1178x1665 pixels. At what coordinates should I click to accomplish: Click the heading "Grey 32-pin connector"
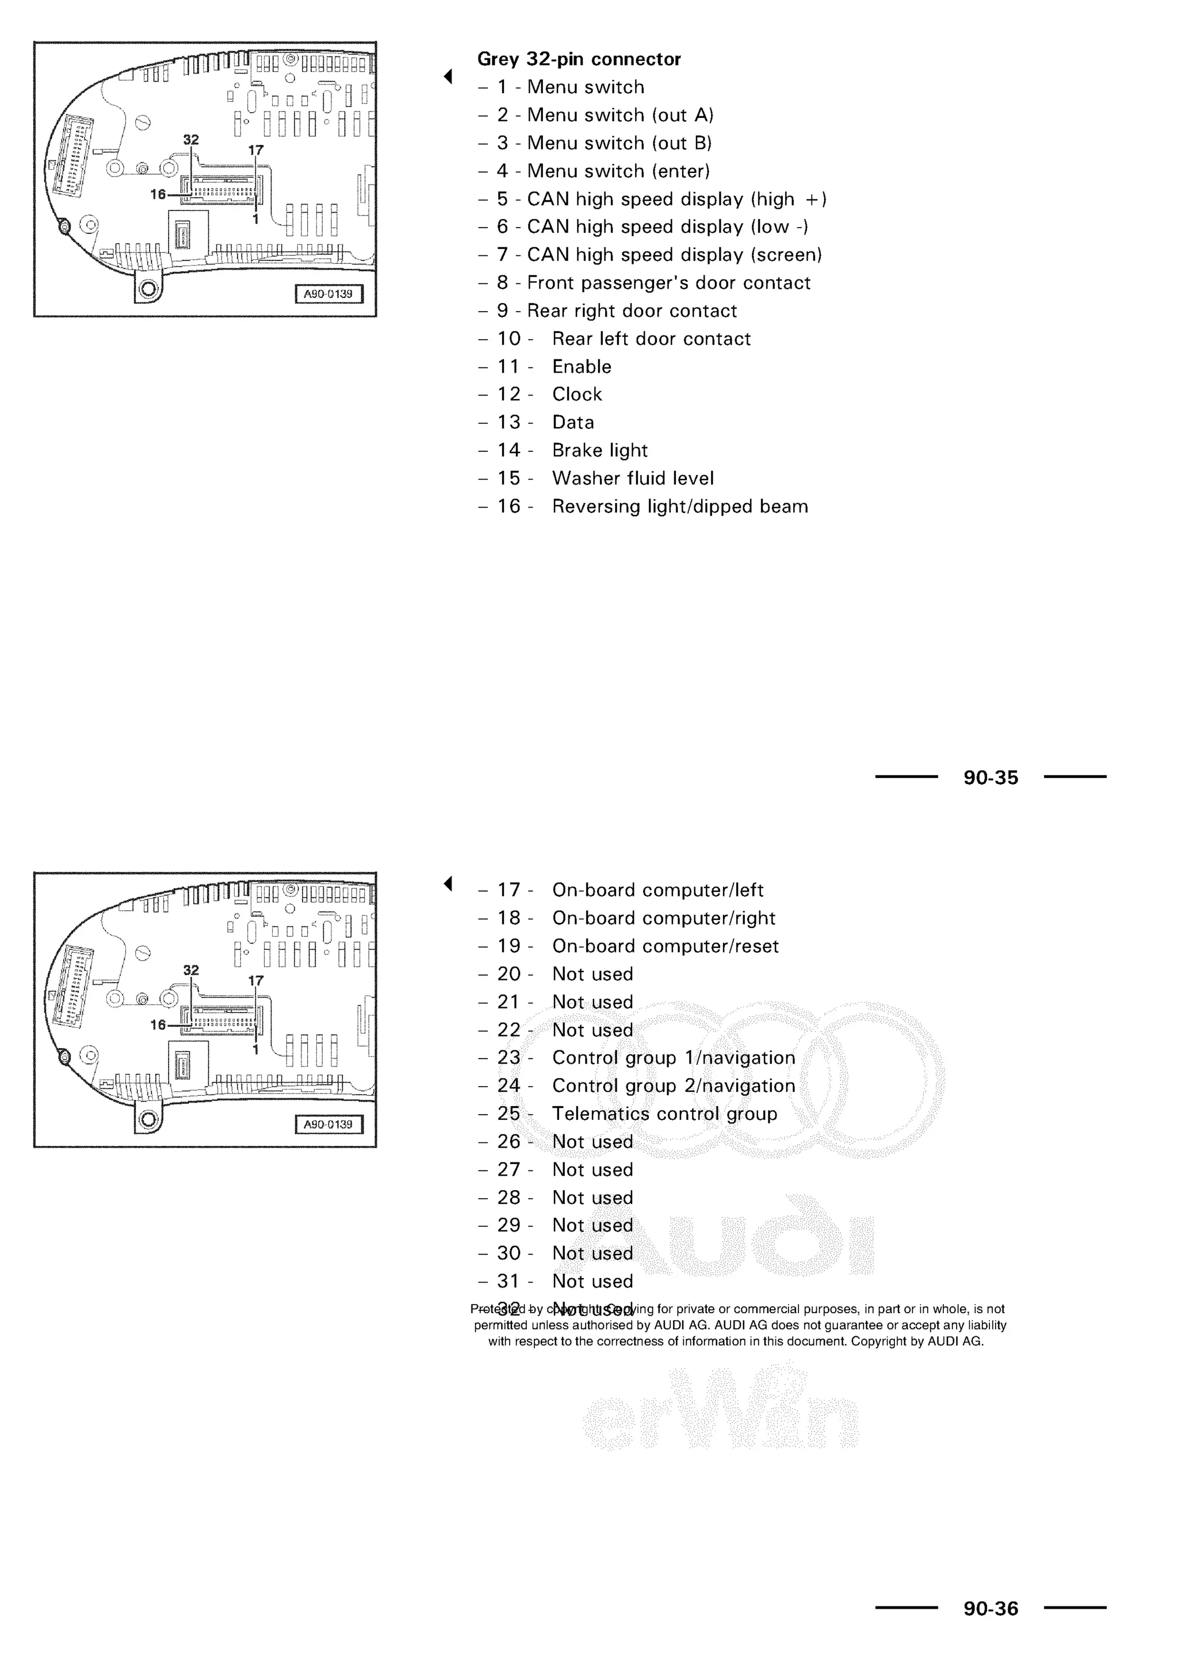579,59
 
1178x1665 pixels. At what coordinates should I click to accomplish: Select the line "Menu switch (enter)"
618,171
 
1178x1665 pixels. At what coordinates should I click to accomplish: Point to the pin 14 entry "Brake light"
599,450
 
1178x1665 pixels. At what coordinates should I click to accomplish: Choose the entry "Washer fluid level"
633,478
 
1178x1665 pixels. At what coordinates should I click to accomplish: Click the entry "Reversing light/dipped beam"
680,506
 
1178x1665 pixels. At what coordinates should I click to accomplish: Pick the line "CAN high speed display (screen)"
674,255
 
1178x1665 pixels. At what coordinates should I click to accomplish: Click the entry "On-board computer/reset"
665,946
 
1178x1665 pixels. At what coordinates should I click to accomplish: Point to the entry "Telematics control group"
664,1114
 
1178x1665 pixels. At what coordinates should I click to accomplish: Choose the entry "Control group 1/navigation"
673,1058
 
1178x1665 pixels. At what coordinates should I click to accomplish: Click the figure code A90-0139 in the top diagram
328,294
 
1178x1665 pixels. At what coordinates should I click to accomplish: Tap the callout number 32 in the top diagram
191,139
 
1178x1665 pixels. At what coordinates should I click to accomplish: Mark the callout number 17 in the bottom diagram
256,980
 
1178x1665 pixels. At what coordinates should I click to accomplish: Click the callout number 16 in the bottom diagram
158,1025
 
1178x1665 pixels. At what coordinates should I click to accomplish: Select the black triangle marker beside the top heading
448,76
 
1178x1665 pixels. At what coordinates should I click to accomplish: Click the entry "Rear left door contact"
651,339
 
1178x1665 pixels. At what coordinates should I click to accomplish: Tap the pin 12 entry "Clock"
577,394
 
